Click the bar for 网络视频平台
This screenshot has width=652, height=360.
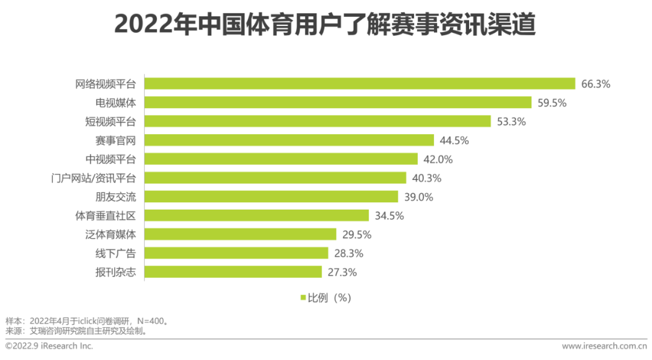360,84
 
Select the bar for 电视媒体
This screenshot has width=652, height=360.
338,103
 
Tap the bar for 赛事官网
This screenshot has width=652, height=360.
289,140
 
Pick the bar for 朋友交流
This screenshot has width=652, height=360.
272,197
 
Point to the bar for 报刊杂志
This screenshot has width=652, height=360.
233,272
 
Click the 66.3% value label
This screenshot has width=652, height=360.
596,84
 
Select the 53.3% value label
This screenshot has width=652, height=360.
511,121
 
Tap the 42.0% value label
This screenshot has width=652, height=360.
438,159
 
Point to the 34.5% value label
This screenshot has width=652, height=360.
389,216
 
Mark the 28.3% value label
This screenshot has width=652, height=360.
349,253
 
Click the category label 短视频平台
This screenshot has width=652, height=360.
110,121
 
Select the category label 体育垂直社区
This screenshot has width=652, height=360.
105,216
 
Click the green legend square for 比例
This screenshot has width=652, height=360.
303,298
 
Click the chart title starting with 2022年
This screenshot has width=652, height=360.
325,25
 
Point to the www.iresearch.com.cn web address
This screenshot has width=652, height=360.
604,346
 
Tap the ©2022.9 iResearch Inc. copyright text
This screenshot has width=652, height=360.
49,346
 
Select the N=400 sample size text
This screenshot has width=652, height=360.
150,321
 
